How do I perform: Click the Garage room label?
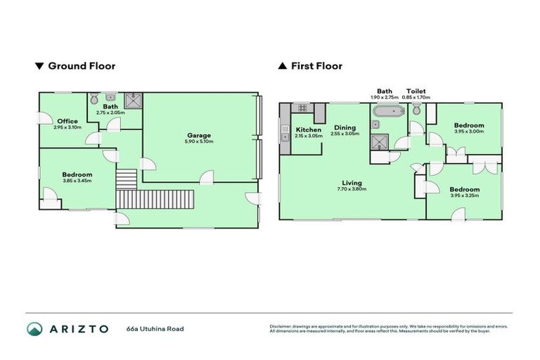[198, 135]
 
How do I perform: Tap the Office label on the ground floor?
[67, 121]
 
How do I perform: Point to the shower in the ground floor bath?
[132, 101]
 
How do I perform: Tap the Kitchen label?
[309, 129]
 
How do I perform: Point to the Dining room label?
[345, 127]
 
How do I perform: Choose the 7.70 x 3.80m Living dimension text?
[352, 189]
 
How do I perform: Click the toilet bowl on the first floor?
[417, 109]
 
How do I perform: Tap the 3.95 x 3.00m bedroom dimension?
[468, 131]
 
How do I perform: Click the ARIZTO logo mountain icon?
[34, 328]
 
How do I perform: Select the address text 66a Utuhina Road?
[155, 328]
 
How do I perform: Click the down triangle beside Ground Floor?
[39, 66]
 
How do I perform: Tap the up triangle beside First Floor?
[282, 66]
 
